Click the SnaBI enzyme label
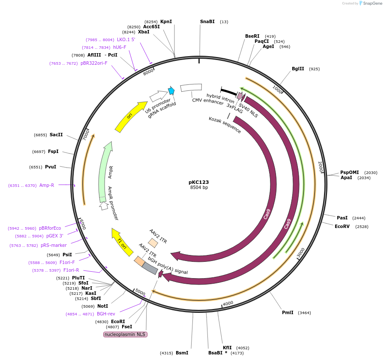pos(207,22)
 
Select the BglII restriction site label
pos(298,69)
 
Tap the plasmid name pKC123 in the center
pos(199,182)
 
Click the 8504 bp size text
pos(199,188)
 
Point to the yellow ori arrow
pos(131,116)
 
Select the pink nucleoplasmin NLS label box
pos(125,334)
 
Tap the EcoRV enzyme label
pos(342,226)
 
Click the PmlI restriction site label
pos(288,313)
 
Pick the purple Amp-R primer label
pos(46,186)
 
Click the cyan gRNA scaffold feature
pos(171,91)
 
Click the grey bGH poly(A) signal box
pos(150,268)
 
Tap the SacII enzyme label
pos(56,135)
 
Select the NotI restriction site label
pos(102,306)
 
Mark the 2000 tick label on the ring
pos(320,167)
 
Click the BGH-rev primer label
pos(106,314)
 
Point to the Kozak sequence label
pos(225,125)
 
